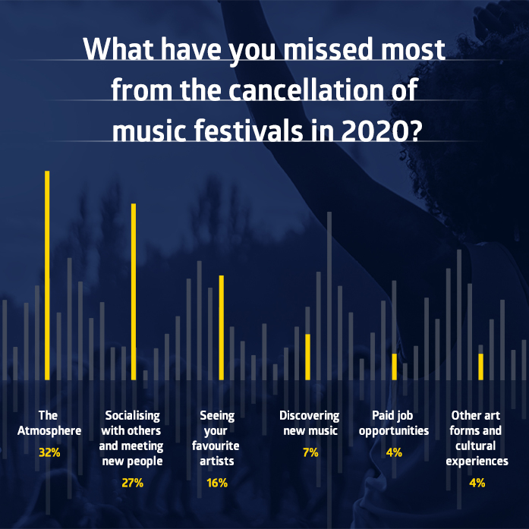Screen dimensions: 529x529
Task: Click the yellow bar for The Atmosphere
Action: click(x=47, y=275)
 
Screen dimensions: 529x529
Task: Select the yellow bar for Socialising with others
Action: click(x=134, y=291)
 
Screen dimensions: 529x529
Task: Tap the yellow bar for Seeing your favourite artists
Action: click(x=221, y=327)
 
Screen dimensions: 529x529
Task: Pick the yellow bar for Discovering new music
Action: click(x=307, y=357)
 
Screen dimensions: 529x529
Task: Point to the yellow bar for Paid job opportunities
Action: click(x=394, y=367)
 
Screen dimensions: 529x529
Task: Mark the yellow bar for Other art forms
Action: click(x=480, y=367)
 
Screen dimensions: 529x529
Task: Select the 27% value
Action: click(x=133, y=482)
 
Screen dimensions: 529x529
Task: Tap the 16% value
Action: click(x=217, y=482)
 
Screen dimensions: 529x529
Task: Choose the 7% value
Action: click(x=309, y=452)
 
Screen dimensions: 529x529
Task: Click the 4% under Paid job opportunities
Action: click(x=394, y=452)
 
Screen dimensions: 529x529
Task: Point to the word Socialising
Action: click(x=133, y=416)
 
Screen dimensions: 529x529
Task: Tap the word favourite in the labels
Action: click(x=217, y=446)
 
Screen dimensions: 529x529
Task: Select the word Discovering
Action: click(x=309, y=416)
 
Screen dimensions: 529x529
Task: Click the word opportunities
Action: click(x=394, y=431)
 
